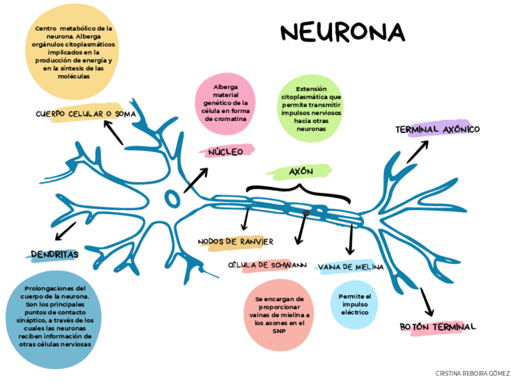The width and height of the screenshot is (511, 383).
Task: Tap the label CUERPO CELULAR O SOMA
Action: (x=86, y=114)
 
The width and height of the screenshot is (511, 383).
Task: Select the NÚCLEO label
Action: (x=227, y=152)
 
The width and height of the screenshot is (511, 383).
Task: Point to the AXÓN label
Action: (x=301, y=172)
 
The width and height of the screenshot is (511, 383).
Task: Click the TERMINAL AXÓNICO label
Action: (x=437, y=129)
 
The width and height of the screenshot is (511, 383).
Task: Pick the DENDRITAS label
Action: (x=55, y=254)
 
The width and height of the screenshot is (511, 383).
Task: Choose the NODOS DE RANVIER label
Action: (x=236, y=241)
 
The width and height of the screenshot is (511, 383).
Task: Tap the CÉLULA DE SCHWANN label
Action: (x=267, y=265)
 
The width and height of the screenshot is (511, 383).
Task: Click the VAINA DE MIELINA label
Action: (x=350, y=267)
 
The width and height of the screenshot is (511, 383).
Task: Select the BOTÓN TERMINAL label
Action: (x=438, y=327)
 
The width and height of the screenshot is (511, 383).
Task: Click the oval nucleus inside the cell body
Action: (x=172, y=198)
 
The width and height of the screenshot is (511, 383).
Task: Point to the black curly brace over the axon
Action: (x=298, y=192)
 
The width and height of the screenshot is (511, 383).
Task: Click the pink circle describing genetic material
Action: (x=225, y=103)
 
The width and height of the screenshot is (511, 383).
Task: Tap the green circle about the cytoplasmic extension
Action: (x=310, y=109)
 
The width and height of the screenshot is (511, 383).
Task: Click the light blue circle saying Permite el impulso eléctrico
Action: (x=354, y=305)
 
